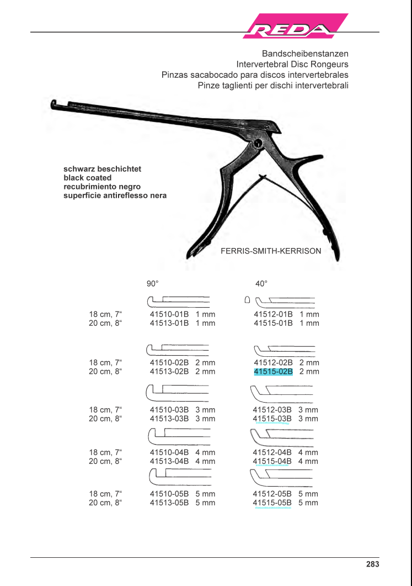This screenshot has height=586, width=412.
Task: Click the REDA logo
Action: (295, 27)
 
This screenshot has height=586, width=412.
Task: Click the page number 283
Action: (372, 564)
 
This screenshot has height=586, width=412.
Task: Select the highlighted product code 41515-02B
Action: (273, 372)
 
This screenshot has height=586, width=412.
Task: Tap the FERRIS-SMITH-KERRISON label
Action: (271, 251)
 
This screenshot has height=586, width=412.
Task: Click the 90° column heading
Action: (152, 284)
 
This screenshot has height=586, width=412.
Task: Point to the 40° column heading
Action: (261, 284)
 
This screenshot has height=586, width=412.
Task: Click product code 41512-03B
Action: (272, 410)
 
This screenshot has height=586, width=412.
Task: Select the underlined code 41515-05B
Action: (272, 503)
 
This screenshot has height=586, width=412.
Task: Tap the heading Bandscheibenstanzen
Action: (305, 54)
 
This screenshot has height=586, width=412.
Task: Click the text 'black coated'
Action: (88, 178)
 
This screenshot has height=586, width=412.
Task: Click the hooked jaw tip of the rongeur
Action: (53, 104)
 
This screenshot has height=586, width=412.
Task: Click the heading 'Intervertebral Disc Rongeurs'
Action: (292, 64)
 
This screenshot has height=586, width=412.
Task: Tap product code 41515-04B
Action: (272, 461)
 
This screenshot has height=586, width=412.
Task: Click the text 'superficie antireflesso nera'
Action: (115, 196)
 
